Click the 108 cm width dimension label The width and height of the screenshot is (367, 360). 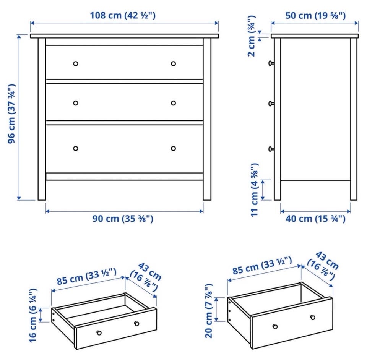123,15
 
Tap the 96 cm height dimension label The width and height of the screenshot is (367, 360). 12,114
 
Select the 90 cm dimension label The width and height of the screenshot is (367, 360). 123,219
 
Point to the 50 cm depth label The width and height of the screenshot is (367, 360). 315,15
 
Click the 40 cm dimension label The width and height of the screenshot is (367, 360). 315,219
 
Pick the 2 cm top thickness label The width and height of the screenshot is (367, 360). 252,36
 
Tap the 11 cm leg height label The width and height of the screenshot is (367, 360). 255,190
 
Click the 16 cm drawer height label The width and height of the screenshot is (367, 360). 33,316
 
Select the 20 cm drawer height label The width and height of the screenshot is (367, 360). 209,311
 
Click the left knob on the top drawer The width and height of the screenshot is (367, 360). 76,63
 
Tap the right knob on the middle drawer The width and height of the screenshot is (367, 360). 174,103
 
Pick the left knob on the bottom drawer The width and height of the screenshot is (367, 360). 76,148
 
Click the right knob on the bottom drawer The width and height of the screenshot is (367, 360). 174,148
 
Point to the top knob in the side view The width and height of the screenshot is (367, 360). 271,63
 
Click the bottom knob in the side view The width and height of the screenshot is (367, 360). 271,149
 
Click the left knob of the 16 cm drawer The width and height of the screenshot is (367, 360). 99,332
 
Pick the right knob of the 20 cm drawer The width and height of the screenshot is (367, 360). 312,318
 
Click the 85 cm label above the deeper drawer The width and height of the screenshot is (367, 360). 262,266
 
